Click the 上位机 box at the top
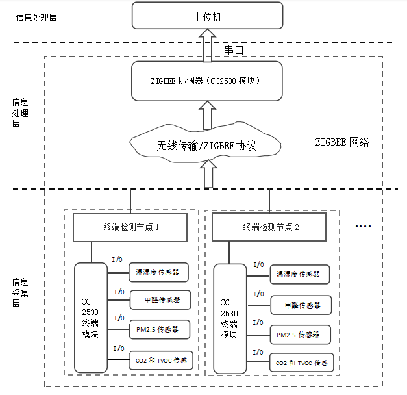pos(208,16)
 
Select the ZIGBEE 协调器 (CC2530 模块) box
pos(208,81)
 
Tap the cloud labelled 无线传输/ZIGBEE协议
pos(206,145)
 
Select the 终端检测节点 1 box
pos(130,227)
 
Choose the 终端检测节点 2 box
pos(271,227)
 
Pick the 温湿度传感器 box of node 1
pos(157,272)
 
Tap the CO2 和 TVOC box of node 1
pos(161,360)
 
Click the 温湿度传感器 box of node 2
pos(299,274)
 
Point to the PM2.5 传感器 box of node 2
pos(299,334)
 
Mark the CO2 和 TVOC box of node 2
pos(302,363)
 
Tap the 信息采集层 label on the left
pos(19,292)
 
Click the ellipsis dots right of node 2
pos(363,226)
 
